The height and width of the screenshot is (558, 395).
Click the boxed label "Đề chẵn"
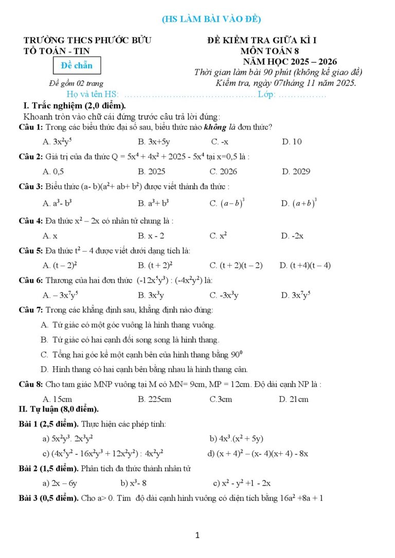pyautogui.click(x=77, y=65)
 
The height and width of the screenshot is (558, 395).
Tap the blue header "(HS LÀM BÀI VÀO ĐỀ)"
pyautogui.click(x=211, y=20)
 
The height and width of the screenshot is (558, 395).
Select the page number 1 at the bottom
pyautogui.click(x=197, y=535)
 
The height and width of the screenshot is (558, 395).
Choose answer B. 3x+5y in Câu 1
pyautogui.click(x=154, y=142)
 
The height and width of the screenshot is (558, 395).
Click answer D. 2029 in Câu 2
pyautogui.click(x=295, y=172)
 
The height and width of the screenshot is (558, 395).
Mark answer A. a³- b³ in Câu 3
pyautogui.click(x=57, y=203)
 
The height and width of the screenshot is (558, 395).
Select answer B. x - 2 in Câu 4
pyautogui.click(x=151, y=236)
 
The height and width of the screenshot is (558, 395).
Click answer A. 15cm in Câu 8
pyautogui.click(x=57, y=399)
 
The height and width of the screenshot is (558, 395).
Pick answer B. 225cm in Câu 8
pyautogui.click(x=154, y=399)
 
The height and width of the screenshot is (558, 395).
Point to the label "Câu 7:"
pyautogui.click(x=31, y=310)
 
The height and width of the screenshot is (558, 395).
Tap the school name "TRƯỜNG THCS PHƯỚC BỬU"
pyautogui.click(x=87, y=40)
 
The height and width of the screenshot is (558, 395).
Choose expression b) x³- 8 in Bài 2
pyautogui.click(x=134, y=483)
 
